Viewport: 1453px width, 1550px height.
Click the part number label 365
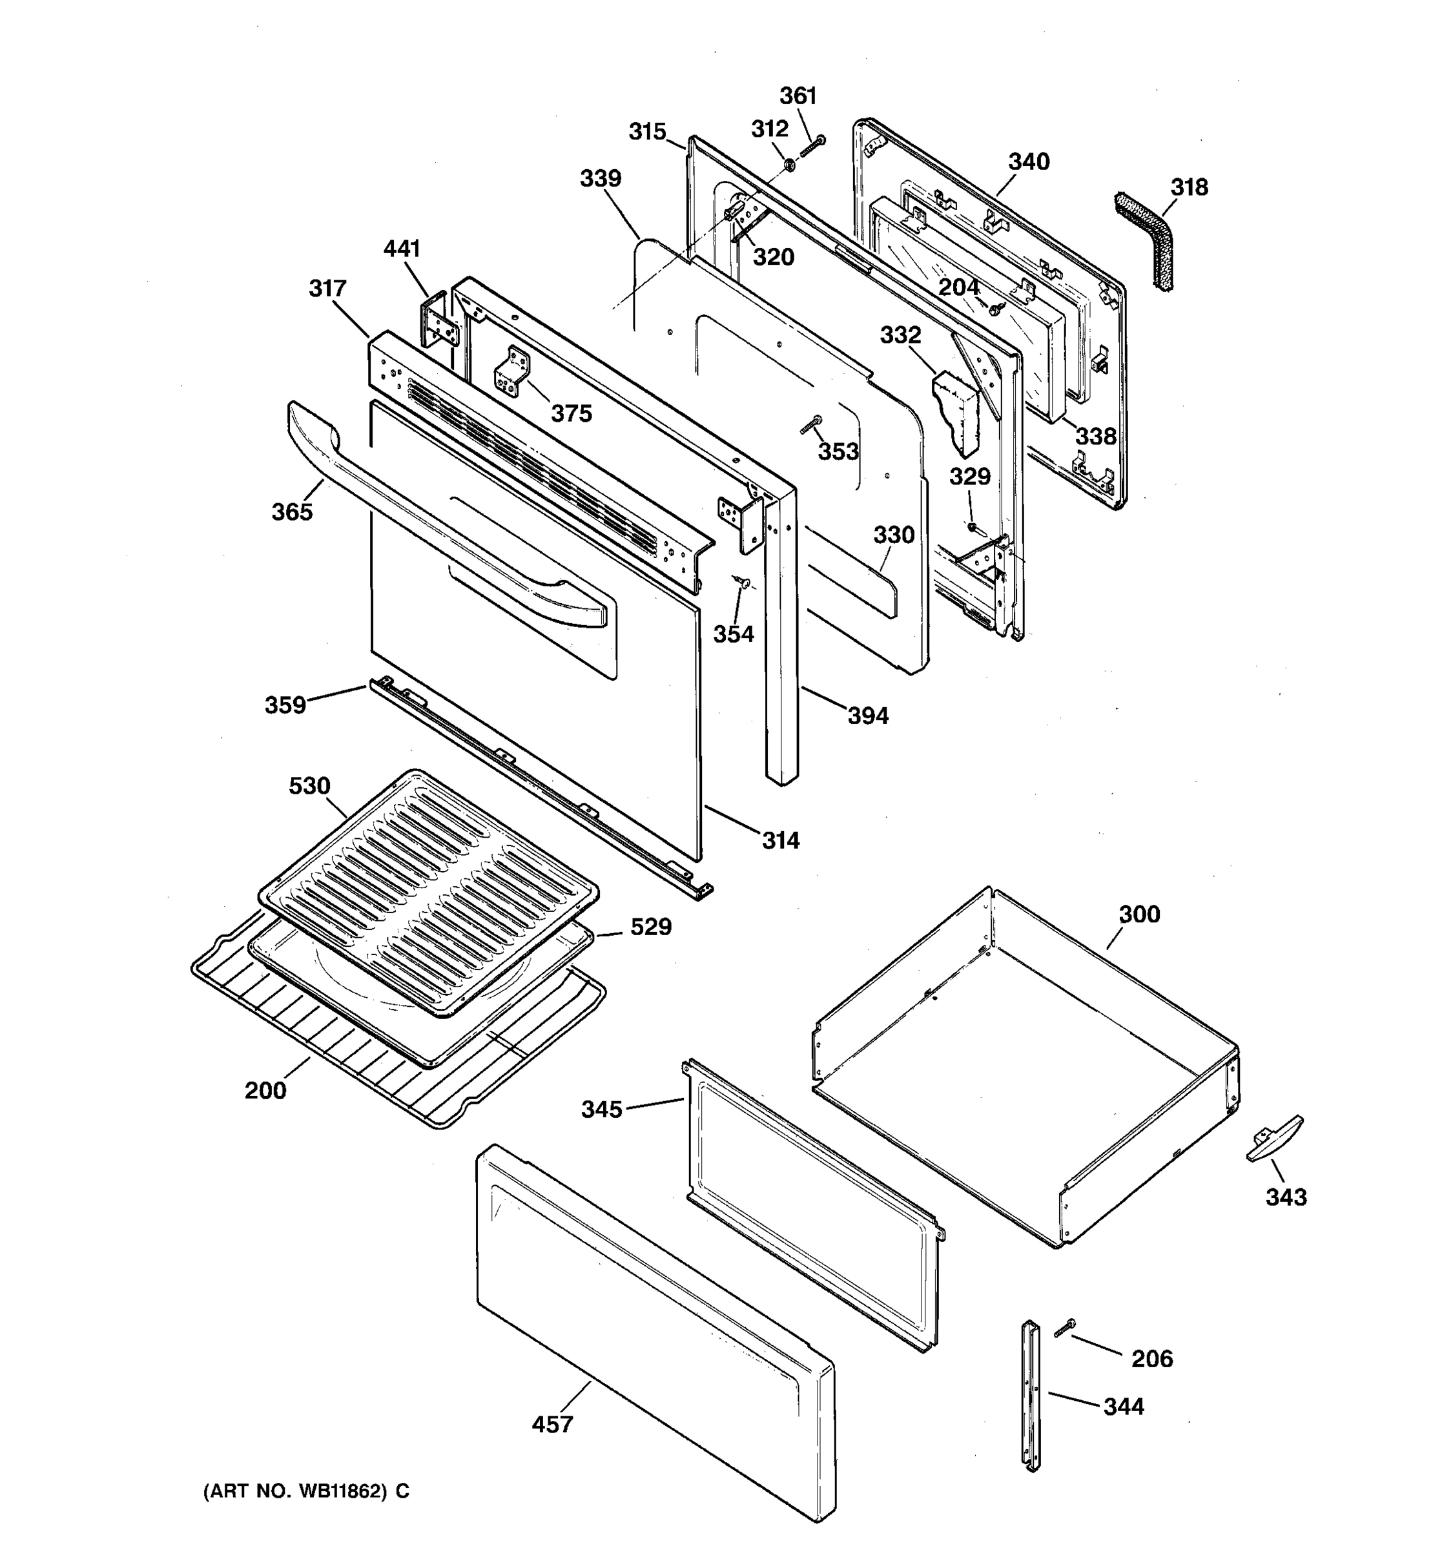tap(293, 512)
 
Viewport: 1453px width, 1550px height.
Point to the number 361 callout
tap(798, 96)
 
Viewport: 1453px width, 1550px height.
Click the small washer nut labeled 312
tap(789, 165)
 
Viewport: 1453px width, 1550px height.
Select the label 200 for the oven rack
tap(266, 1090)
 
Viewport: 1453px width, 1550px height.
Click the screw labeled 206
tap(1064, 1328)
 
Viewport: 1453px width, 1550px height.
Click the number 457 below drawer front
tap(553, 1425)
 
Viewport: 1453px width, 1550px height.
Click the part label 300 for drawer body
tap(1140, 914)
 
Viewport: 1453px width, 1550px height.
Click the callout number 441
tap(402, 249)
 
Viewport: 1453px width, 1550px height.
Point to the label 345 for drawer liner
tap(602, 1109)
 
